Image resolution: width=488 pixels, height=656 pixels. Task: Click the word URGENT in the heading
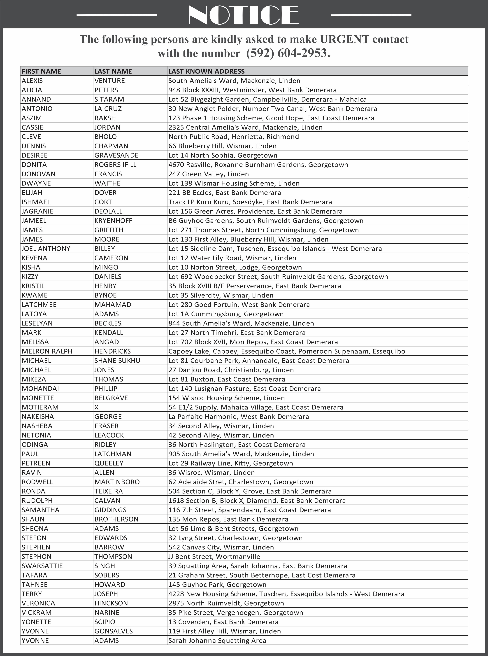pyautogui.click(x=344, y=39)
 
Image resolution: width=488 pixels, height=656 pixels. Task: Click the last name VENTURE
pyautogui.click(x=110, y=81)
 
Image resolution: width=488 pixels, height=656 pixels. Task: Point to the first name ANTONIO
pyautogui.click(x=37, y=109)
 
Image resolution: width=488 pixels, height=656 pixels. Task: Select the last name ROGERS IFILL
pyautogui.click(x=115, y=165)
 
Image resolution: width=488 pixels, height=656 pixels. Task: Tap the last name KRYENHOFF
pyautogui.click(x=113, y=221)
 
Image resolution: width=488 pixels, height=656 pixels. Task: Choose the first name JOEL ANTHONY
pyautogui.click(x=46, y=249)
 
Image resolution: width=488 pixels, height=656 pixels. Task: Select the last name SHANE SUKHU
pyautogui.click(x=117, y=361)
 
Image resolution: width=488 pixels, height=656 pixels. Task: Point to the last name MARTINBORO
pyautogui.click(x=117, y=482)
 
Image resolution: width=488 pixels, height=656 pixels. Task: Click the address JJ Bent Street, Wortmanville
pyautogui.click(x=214, y=556)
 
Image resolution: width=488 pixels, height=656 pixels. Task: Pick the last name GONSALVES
pyautogui.click(x=113, y=631)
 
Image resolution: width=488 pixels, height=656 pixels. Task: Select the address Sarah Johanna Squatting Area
pyautogui.click(x=217, y=640)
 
